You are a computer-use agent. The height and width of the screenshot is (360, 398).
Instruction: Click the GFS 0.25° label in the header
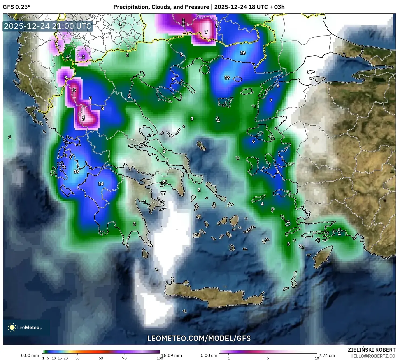click(16, 7)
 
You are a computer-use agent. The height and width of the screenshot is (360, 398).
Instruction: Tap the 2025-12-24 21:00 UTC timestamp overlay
click(48, 26)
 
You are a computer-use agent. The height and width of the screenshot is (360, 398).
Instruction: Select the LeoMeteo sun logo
click(12, 327)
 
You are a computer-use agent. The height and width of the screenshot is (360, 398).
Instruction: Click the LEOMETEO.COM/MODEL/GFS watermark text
click(199, 338)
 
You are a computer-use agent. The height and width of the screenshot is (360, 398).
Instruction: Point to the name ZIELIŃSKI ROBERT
click(371, 350)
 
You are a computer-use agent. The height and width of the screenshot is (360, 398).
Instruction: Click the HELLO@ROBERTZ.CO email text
click(373, 356)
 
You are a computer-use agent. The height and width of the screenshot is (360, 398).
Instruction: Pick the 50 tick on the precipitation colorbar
click(101, 358)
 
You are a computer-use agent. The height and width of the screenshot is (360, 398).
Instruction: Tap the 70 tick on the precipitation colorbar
click(124, 358)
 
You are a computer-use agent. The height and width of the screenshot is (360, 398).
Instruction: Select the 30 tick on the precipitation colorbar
click(78, 358)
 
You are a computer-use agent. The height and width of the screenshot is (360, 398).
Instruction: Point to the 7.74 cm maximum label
click(327, 355)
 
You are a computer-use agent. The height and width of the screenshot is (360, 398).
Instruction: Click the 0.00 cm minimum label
click(209, 355)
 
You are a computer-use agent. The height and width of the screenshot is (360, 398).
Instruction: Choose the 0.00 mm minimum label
click(30, 355)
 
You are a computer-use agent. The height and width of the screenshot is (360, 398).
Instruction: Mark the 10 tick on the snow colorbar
click(317, 358)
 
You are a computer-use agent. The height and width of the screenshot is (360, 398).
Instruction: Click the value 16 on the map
click(243, 53)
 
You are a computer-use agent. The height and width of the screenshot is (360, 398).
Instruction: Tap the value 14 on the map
click(101, 184)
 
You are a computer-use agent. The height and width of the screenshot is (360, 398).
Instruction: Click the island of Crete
click(215, 295)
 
